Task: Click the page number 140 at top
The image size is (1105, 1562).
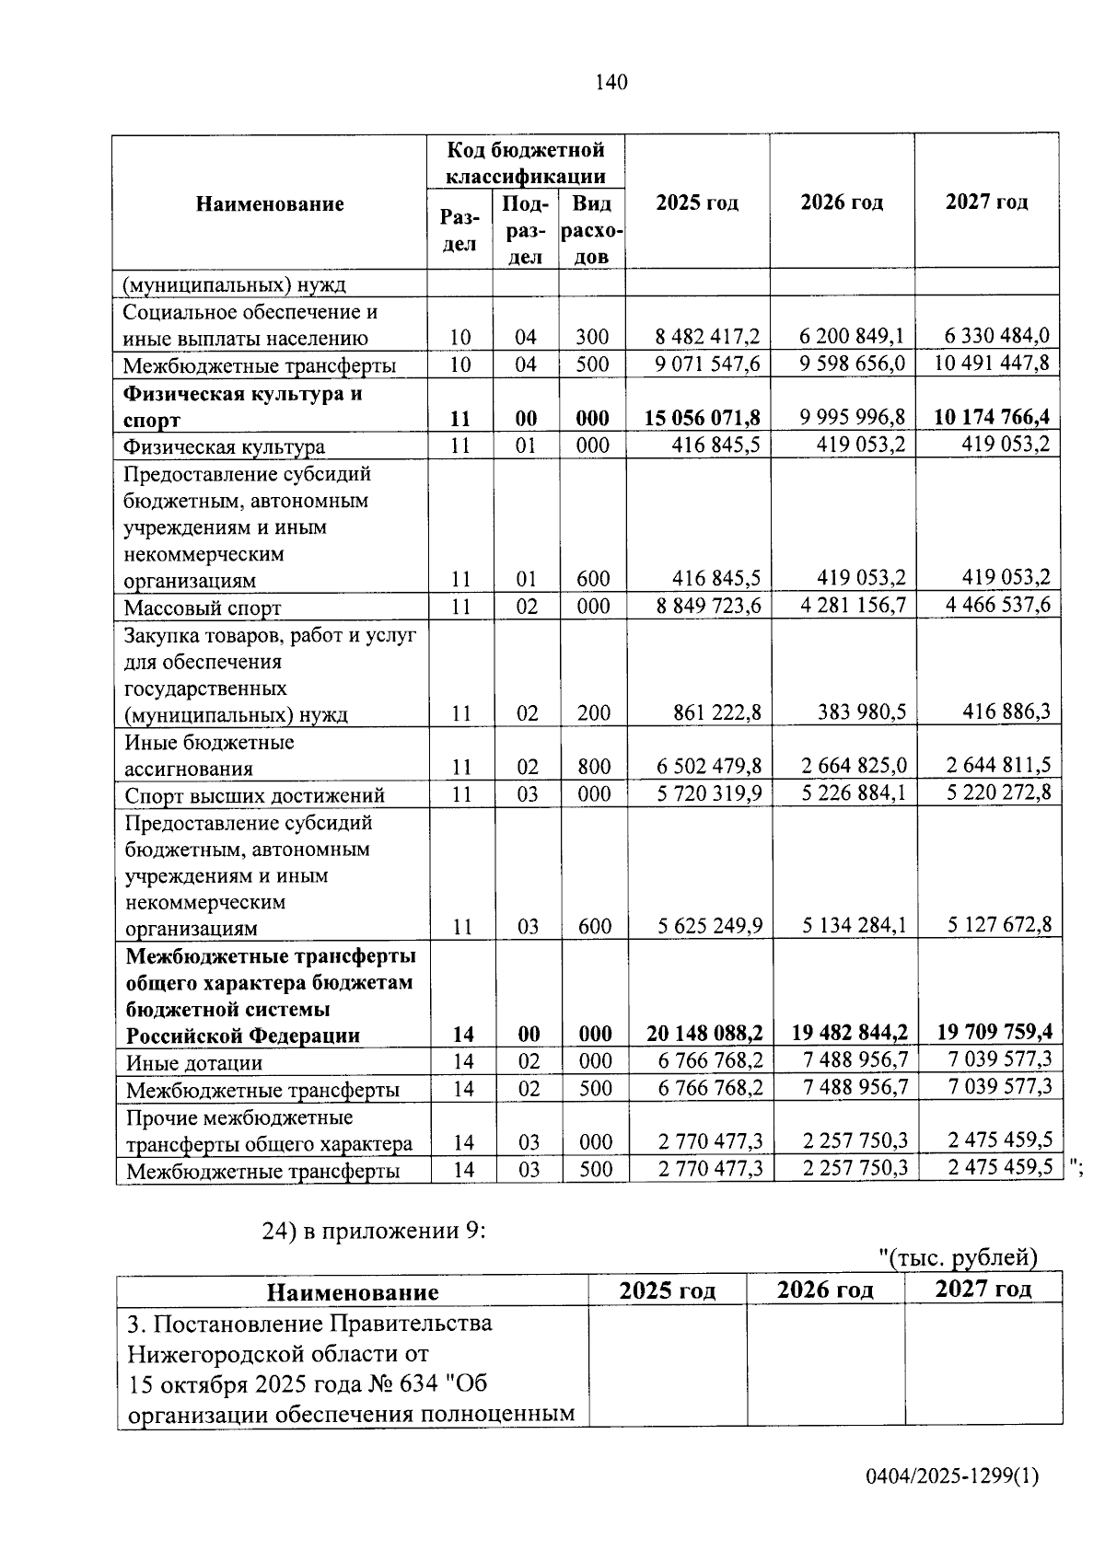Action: [611, 83]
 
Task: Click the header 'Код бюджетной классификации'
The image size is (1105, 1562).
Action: [526, 162]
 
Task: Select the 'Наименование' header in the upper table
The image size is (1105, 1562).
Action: [270, 203]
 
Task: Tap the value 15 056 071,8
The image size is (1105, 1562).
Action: [703, 419]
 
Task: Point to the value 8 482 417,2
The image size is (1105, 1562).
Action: [707, 338]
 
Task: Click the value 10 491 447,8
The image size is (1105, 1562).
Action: [991, 364]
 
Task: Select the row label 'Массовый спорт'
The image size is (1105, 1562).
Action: [203, 607]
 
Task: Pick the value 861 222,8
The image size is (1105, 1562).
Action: [717, 713]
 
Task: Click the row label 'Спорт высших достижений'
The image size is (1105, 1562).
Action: [255, 795]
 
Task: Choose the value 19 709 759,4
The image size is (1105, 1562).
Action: [994, 1033]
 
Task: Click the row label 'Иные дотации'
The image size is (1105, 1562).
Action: [194, 1063]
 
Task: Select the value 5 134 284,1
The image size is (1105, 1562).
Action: [854, 925]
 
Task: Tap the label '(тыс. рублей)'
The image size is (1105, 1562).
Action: [959, 1257]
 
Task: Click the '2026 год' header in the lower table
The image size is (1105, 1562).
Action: [825, 1290]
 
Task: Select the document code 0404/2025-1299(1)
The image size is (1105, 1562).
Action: [952, 1477]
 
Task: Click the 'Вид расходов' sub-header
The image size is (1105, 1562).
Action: [592, 230]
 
